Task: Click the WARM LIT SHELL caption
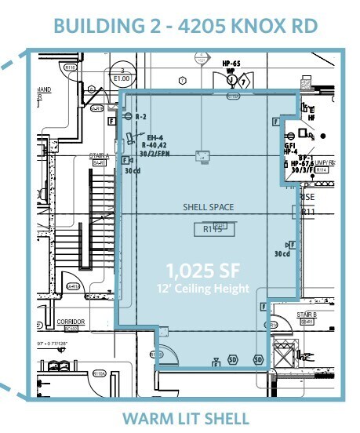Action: (x=185, y=418)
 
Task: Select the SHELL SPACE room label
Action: (x=205, y=208)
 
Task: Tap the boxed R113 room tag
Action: (x=213, y=229)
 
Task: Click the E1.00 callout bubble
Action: (x=122, y=75)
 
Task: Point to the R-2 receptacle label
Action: (x=141, y=116)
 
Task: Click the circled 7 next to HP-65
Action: (x=243, y=81)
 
